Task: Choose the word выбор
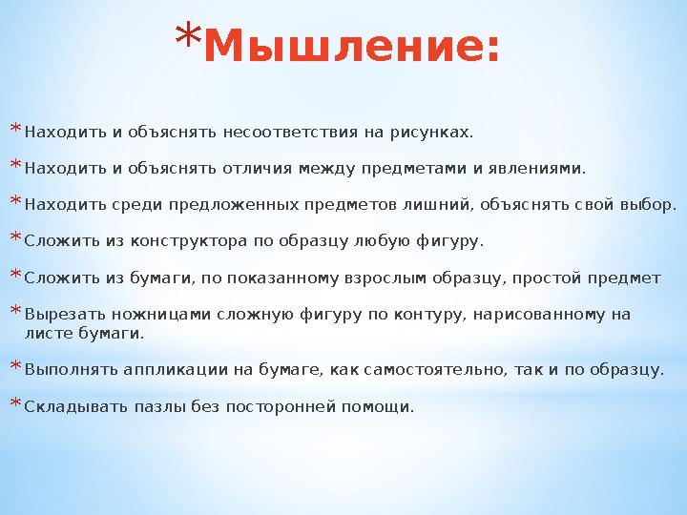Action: click(x=650, y=205)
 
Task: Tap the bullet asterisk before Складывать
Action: click(x=14, y=404)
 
